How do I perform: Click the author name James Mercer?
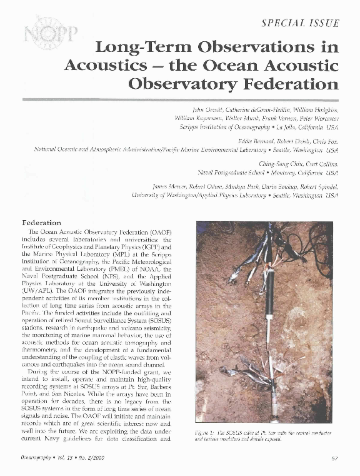point(171,187)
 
